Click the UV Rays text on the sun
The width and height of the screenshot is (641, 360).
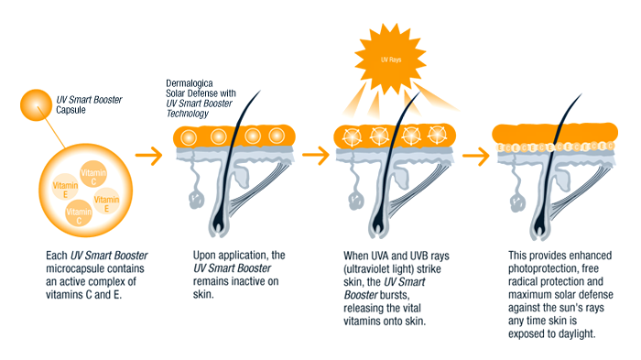[x=391, y=60]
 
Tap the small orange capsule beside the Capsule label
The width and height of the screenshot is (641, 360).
[x=36, y=105]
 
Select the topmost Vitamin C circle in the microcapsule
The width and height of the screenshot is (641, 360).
[x=93, y=174]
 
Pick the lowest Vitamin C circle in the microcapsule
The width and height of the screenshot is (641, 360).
[x=79, y=213]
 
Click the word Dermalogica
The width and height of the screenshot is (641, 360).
[x=190, y=83]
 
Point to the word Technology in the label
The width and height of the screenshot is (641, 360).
[x=187, y=114]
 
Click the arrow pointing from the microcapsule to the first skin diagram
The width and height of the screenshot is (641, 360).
[x=148, y=156]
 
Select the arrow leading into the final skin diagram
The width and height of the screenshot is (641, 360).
[x=476, y=156]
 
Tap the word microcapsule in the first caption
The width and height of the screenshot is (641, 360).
[x=95, y=268]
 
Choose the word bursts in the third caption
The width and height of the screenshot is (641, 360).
[x=395, y=295]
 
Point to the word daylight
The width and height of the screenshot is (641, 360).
[x=576, y=333]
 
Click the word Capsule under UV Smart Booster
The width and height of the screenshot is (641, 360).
[x=71, y=110]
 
